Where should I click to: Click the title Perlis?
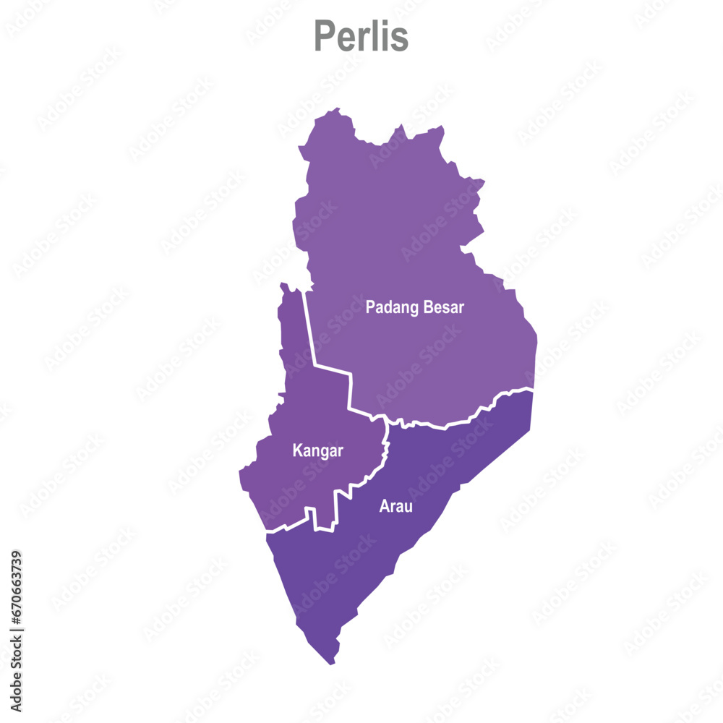[361, 36]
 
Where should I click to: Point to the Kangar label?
[317, 451]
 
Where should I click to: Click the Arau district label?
[395, 506]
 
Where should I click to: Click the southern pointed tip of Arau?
[332, 662]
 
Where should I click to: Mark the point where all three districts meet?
[388, 422]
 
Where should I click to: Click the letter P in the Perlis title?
[323, 36]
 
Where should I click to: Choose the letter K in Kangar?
[296, 451]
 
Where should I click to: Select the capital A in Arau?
[384, 506]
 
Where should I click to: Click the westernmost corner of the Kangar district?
[240, 473]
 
